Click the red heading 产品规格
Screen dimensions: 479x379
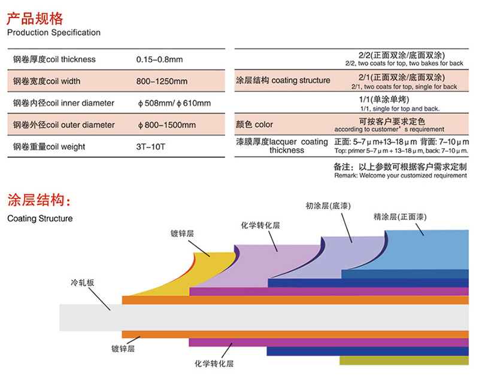click(35, 19)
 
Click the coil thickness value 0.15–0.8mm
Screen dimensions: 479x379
click(159, 59)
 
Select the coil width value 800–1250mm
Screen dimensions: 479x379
click(162, 82)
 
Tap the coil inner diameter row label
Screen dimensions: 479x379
click(63, 103)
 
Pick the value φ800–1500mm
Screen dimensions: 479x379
click(167, 125)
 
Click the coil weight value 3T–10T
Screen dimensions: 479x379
click(151, 147)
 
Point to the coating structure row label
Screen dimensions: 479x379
click(283, 80)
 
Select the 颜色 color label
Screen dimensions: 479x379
click(254, 125)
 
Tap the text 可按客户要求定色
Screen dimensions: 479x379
click(392, 122)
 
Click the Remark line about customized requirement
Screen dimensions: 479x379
click(401, 176)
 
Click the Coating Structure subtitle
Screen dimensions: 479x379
click(40, 218)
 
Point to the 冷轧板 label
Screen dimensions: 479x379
click(82, 282)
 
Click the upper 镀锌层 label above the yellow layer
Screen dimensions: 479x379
click(182, 234)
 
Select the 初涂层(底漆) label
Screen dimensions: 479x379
click(328, 206)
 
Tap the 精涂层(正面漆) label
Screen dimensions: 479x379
click(400, 217)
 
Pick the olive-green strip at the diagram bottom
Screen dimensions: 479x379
click(404, 360)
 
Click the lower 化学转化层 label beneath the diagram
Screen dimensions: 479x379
click(214, 363)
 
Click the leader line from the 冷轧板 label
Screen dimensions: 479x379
click(99, 299)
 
